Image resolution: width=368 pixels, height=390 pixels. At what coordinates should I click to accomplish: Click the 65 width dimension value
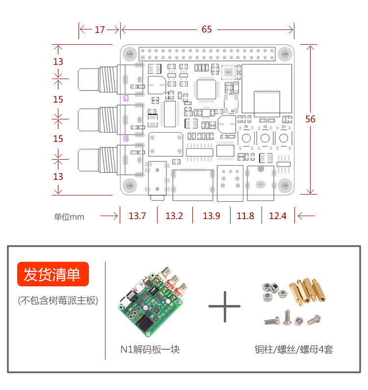click(207, 29)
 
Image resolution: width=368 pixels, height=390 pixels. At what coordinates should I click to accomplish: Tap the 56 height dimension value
click(310, 119)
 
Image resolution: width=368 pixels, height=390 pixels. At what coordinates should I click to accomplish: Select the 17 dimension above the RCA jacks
click(100, 29)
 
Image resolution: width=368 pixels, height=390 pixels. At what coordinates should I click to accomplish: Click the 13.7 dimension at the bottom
click(137, 216)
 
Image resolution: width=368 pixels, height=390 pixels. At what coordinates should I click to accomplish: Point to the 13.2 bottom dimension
click(174, 216)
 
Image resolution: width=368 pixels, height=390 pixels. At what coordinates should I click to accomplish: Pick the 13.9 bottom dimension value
click(211, 216)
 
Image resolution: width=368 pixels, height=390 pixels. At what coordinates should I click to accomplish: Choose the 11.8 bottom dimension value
click(245, 216)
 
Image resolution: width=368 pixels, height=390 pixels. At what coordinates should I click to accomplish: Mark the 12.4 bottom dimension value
click(278, 216)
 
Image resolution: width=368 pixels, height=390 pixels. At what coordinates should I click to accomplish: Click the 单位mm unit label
click(69, 216)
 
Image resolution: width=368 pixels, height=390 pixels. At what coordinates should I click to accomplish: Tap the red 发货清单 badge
click(53, 275)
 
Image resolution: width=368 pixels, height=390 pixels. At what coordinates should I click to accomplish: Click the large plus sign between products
click(224, 306)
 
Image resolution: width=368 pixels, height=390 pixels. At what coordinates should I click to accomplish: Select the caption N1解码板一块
click(150, 350)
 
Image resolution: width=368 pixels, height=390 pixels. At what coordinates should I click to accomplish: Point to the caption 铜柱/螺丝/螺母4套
click(294, 350)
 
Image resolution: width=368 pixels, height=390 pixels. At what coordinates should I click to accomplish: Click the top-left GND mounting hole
click(130, 53)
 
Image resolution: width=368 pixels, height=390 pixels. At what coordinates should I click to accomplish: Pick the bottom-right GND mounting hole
click(284, 185)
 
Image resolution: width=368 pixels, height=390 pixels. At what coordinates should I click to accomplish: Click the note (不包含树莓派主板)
click(57, 301)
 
